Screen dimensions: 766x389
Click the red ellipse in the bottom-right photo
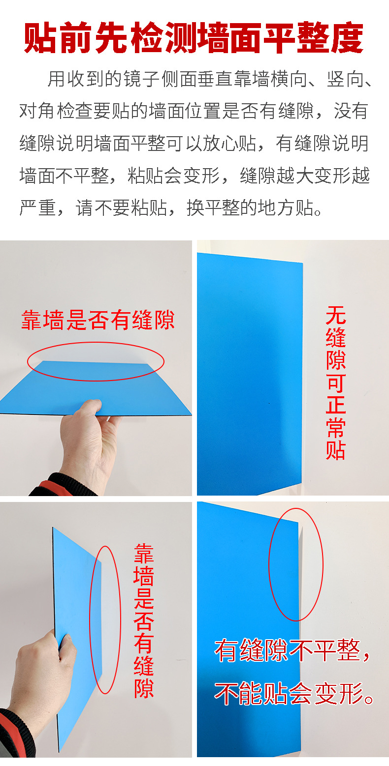point(296,564)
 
